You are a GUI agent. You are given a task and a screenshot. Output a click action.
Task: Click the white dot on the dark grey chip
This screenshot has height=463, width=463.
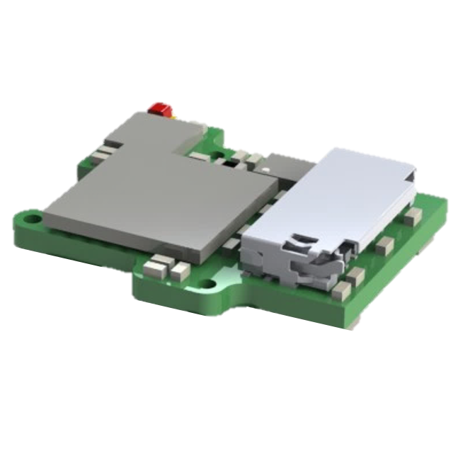coord(264,170)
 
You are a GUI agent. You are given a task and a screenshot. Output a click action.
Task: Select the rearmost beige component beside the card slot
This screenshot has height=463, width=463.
coord(413,215)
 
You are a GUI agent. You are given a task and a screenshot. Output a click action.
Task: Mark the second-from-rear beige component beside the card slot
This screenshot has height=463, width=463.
coord(384,245)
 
